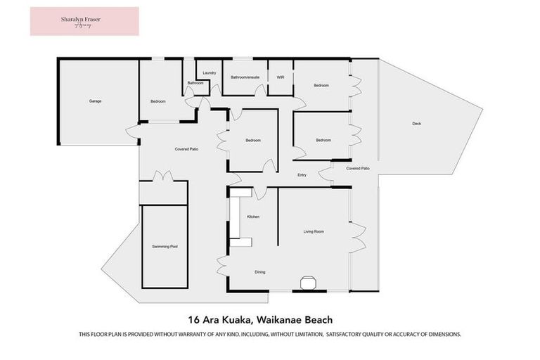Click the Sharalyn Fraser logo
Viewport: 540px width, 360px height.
click(x=84, y=21)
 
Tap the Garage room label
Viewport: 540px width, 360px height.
click(x=95, y=101)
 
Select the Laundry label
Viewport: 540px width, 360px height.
click(x=209, y=73)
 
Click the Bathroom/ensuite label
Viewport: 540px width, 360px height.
click(x=245, y=77)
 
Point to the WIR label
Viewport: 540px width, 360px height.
click(x=280, y=77)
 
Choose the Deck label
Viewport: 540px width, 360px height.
click(x=416, y=124)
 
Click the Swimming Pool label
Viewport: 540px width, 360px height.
click(x=165, y=247)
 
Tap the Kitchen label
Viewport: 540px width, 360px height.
click(x=253, y=217)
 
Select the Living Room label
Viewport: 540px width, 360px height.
click(x=314, y=231)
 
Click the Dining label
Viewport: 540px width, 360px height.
click(x=260, y=272)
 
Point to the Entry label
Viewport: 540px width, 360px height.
click(x=302, y=175)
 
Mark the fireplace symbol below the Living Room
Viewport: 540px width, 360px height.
click(x=309, y=283)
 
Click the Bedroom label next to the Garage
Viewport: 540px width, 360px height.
click(x=158, y=102)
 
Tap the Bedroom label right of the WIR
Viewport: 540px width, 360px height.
click(x=321, y=86)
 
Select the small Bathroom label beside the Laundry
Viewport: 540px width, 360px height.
click(x=195, y=84)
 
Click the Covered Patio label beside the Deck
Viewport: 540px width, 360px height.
click(x=358, y=169)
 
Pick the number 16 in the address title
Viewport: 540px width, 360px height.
click(x=193, y=318)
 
